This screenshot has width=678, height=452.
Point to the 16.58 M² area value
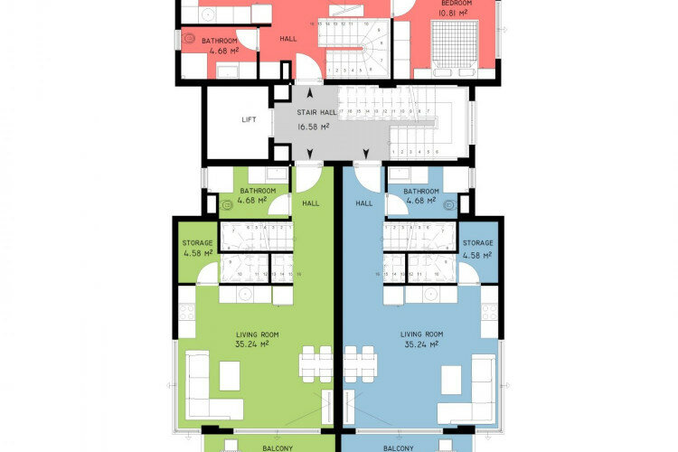[314, 127]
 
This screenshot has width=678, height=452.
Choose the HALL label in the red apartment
[288, 40]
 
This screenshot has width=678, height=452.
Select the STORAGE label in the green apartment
[197, 243]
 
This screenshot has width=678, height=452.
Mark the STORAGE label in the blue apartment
[477, 243]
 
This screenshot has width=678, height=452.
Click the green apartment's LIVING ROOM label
[255, 334]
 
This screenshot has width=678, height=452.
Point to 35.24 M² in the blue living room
[420, 344]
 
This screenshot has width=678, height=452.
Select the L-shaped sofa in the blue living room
[476, 389]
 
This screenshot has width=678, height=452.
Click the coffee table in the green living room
[230, 373]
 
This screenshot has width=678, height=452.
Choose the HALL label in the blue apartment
[364, 203]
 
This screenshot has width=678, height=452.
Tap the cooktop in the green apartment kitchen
[188, 312]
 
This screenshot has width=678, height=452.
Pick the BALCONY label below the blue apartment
[399, 447]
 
